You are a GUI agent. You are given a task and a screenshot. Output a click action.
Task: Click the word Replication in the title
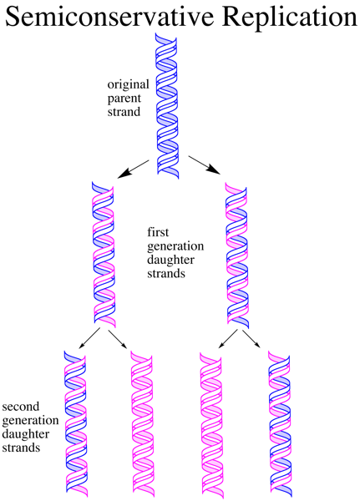coord(289,17)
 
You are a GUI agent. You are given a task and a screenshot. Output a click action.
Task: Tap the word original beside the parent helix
coord(128,85)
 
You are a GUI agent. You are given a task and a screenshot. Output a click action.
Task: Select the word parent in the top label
coord(124,99)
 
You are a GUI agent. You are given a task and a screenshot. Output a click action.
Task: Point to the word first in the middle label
coord(158,232)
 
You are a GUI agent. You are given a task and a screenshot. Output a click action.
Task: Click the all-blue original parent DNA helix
coord(167,105)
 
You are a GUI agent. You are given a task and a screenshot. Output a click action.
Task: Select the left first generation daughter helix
coord(104,255)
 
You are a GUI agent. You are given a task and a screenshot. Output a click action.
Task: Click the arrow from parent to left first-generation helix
coord(134,169)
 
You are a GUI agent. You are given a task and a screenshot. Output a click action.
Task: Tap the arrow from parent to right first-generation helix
coord(205,164)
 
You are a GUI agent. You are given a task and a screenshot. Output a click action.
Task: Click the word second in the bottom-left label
coord(21,407)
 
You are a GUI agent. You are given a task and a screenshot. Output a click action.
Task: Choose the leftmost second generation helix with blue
coord(76,424)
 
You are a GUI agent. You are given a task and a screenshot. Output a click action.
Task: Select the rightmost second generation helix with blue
coord(280,424)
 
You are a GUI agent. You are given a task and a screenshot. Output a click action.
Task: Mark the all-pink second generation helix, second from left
coord(143,424)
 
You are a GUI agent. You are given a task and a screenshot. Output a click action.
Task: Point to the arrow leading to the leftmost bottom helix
coord(90,337)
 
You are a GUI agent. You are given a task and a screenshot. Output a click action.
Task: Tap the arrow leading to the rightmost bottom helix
coord(251,339)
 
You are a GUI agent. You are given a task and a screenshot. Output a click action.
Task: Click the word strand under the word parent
coord(124,112)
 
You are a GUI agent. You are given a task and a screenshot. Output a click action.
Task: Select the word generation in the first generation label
coord(175,246)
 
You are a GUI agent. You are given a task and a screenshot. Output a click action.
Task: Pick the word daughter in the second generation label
coord(26,434)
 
